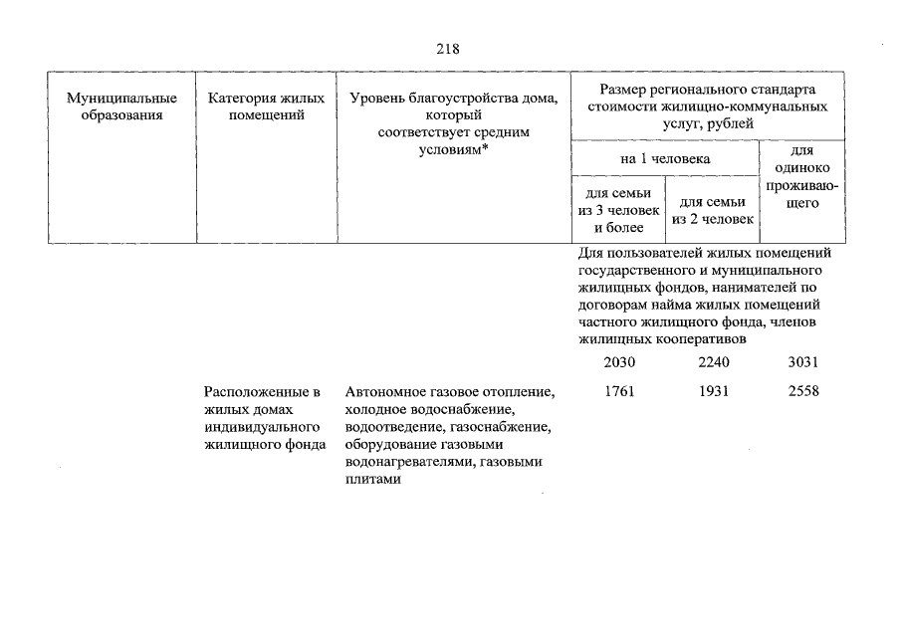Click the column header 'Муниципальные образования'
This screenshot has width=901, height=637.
[x=121, y=106]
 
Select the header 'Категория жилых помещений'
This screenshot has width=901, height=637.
[x=266, y=106]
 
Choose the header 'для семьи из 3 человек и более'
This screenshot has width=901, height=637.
[x=618, y=210]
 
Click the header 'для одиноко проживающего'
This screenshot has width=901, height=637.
[x=801, y=177]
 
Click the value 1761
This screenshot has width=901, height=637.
[x=618, y=391]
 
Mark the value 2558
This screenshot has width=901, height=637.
[x=801, y=391]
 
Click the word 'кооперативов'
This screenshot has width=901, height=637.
[x=683, y=338]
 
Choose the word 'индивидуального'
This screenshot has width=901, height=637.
[x=254, y=427]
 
